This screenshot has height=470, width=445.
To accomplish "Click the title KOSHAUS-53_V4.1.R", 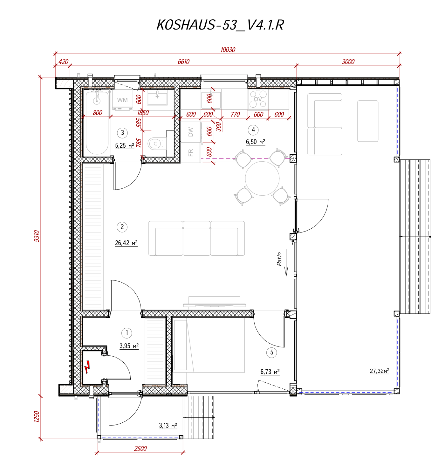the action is (220, 25).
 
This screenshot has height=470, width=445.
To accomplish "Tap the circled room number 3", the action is (122, 132).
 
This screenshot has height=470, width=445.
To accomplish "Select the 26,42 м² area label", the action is (126, 243).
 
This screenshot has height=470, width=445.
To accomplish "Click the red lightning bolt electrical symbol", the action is (87, 367).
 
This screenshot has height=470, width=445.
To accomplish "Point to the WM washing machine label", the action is (122, 100).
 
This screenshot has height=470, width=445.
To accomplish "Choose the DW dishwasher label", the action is (190, 132).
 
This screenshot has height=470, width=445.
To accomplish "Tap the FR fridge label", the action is (190, 152).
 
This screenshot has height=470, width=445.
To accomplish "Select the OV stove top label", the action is (257, 99).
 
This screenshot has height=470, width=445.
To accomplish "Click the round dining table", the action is (262, 178).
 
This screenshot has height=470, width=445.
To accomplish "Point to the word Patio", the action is (279, 259).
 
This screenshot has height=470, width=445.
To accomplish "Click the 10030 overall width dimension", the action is (228, 50).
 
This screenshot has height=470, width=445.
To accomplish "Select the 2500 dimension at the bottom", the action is (140, 449).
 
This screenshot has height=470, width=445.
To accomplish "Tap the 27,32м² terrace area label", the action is (379, 371).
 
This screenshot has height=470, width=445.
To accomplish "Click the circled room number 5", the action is (271, 352).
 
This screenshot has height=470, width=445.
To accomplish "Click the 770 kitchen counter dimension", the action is (235, 115).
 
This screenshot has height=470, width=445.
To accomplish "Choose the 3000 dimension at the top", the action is (348, 62).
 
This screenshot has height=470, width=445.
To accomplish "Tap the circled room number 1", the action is (127, 333).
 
